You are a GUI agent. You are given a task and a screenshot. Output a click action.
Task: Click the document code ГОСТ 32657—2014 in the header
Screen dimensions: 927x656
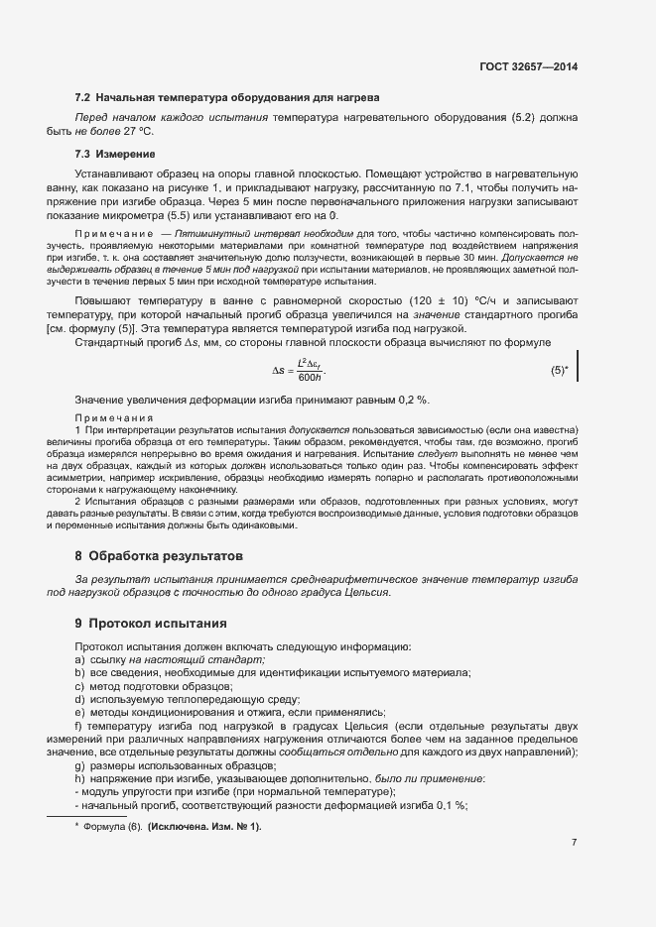528,66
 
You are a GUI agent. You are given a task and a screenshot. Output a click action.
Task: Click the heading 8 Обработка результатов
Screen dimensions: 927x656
159,555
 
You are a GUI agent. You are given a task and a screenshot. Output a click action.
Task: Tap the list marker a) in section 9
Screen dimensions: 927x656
79,660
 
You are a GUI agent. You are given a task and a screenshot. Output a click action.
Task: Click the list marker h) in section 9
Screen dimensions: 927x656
79,779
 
